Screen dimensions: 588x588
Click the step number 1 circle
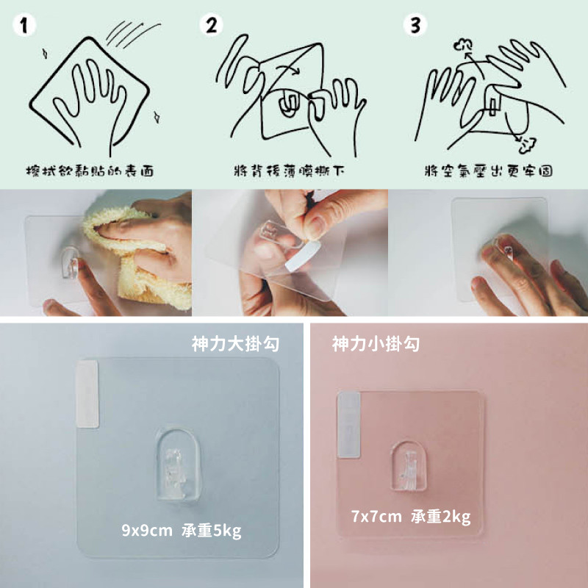pyautogui.click(x=24, y=26)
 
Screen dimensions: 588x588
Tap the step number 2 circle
pyautogui.click(x=211, y=26)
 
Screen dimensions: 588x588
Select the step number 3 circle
pyautogui.click(x=415, y=26)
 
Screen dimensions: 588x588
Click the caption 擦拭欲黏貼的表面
pyautogui.click(x=90, y=171)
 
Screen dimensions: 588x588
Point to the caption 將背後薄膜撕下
pyautogui.click(x=289, y=171)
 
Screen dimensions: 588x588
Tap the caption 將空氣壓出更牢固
pyautogui.click(x=489, y=171)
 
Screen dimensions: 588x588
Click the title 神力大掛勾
pyautogui.click(x=235, y=343)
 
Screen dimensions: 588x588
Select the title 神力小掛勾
pyautogui.click(x=376, y=343)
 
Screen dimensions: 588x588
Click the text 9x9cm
pyautogui.click(x=147, y=531)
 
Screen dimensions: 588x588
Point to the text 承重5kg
pyautogui.click(x=212, y=531)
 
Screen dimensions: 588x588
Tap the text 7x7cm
pyautogui.click(x=376, y=517)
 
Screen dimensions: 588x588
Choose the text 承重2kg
pyautogui.click(x=440, y=517)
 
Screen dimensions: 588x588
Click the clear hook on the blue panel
pyautogui.click(x=177, y=465)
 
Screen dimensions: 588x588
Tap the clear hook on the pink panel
pyautogui.click(x=409, y=466)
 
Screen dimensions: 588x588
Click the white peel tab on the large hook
pyautogui.click(x=87, y=394)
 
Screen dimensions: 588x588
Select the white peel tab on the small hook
pyautogui.click(x=348, y=425)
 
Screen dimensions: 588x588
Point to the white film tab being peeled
pyautogui.click(x=303, y=257)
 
